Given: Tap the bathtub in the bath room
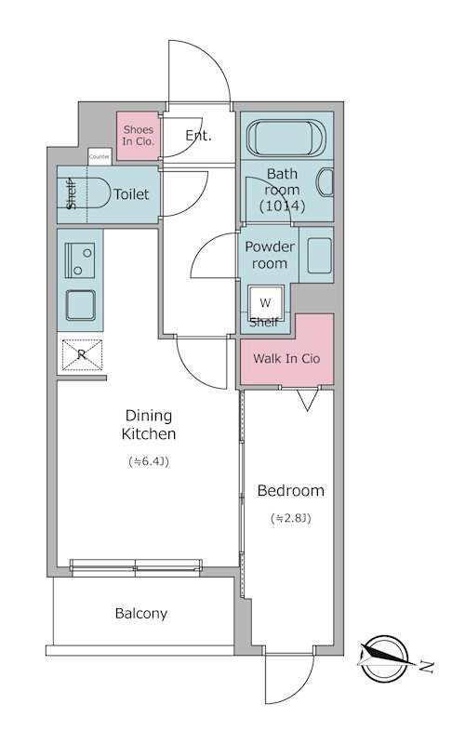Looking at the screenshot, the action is pyautogui.click(x=286, y=138).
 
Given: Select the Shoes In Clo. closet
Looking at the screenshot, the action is pyautogui.click(x=138, y=136).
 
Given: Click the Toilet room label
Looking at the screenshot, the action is pyautogui.click(x=131, y=194).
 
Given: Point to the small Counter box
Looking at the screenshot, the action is pyautogui.click(x=100, y=156).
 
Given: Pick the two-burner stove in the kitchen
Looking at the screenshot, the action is pyautogui.click(x=79, y=260).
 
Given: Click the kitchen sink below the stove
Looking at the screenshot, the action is pyautogui.click(x=80, y=305).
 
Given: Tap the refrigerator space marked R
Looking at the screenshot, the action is pyautogui.click(x=82, y=354).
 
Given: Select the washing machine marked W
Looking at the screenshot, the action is pyautogui.click(x=265, y=303).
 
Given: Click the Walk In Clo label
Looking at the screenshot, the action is pyautogui.click(x=286, y=358).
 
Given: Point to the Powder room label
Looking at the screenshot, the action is pyautogui.click(x=269, y=255).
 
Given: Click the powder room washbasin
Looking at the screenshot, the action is pyautogui.click(x=319, y=256).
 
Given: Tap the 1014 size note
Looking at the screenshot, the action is pyautogui.click(x=282, y=206).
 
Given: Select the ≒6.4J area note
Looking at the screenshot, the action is pyautogui.click(x=149, y=461).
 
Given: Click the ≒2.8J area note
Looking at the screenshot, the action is pyautogui.click(x=290, y=518).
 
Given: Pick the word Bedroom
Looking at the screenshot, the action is pyautogui.click(x=290, y=491).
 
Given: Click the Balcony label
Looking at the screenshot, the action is pyautogui.click(x=141, y=614).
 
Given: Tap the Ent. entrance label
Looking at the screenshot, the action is pyautogui.click(x=198, y=136).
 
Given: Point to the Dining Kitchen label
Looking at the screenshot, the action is pyautogui.click(x=149, y=425).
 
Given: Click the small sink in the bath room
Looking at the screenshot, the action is pyautogui.click(x=325, y=181).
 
